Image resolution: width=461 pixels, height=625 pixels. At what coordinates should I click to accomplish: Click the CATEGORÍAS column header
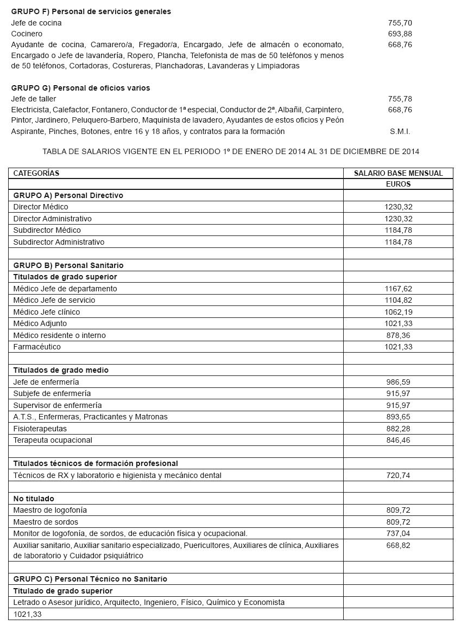36,173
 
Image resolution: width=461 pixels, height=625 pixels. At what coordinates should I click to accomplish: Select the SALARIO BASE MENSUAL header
398,173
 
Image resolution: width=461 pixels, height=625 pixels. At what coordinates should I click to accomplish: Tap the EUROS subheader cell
398,184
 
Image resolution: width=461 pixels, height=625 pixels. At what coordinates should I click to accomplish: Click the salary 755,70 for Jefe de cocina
400,23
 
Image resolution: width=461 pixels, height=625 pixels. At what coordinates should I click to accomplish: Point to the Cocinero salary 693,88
400,34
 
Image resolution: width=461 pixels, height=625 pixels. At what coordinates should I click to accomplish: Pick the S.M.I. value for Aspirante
400,131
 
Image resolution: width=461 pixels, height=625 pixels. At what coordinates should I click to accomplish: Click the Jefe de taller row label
34,99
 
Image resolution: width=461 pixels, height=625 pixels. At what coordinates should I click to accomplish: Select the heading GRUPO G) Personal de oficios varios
80,88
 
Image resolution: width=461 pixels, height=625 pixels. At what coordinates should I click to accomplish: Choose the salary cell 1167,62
399,289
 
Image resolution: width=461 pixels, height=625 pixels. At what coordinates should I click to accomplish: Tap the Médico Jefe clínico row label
47,312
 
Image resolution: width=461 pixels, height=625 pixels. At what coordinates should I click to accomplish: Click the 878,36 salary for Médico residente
399,335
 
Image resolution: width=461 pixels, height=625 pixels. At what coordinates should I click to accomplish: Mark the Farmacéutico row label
37,347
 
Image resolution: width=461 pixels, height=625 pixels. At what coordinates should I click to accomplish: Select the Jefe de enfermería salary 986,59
399,382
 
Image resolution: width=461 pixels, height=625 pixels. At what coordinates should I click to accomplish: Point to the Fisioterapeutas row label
40,429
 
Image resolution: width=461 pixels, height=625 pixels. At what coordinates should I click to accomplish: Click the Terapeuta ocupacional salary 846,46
399,440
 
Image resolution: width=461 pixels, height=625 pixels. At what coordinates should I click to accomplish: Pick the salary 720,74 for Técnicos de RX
399,475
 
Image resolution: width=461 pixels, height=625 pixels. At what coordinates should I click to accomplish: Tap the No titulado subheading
34,499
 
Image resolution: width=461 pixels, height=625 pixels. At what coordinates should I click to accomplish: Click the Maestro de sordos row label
46,522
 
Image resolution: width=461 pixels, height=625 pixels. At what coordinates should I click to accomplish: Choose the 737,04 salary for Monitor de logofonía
399,533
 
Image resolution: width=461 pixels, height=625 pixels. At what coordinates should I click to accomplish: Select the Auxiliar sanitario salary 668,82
399,545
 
